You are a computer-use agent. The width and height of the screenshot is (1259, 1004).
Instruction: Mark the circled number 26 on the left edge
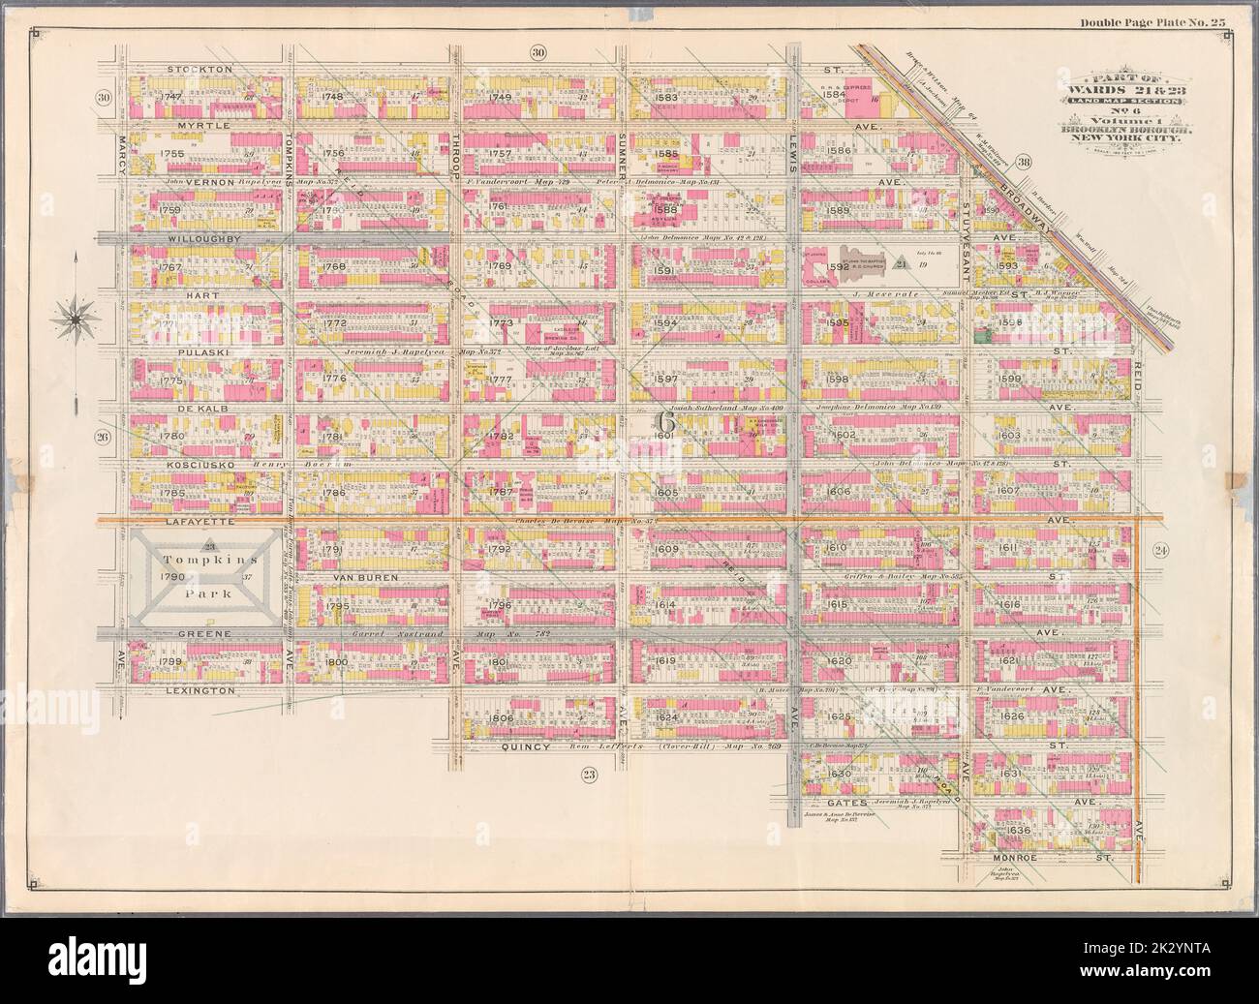103,437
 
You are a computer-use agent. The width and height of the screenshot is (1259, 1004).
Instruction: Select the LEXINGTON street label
201,691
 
